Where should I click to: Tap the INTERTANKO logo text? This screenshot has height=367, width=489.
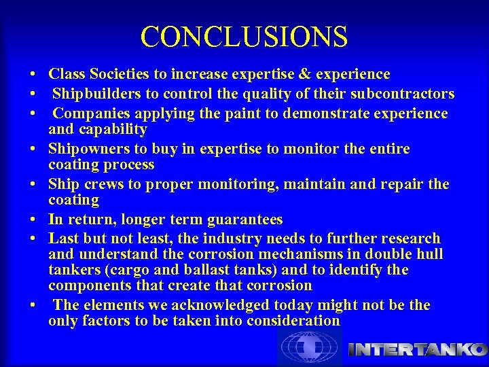[417, 349]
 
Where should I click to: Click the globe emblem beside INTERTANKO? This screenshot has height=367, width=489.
[309, 347]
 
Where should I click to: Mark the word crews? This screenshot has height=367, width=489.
[103, 184]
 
